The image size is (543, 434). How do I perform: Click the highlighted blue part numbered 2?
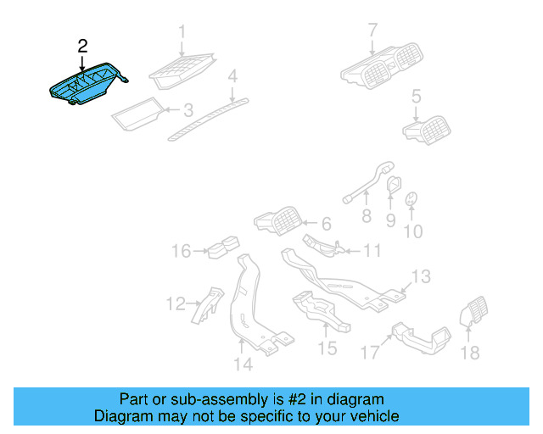coord(85,86)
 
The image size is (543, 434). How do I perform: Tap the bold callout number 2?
coord(81,45)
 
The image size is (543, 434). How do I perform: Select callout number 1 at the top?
coord(181,33)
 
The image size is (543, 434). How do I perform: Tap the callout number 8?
coord(367,216)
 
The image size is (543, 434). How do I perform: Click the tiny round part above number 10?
coord(411,199)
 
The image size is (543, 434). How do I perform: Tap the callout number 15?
coord(327,348)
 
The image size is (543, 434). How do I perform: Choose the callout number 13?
coord(422,276)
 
